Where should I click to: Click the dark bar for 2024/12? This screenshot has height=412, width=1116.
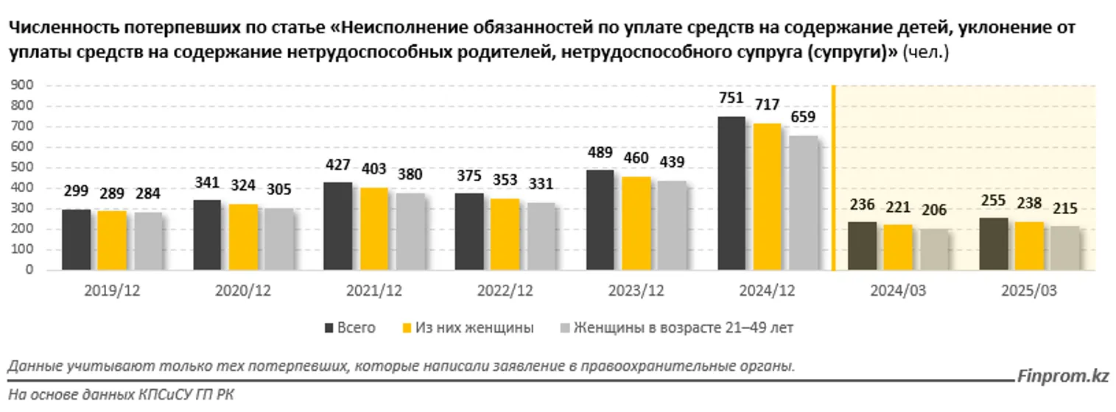[x=731, y=193]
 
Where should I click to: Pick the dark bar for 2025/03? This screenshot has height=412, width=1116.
[x=994, y=244]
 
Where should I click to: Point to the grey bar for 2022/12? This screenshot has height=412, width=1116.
[x=541, y=235]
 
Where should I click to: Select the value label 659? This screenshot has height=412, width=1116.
[x=802, y=118]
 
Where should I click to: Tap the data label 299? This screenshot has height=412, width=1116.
[x=77, y=192]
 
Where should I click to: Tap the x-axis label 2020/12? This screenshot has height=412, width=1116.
[x=242, y=291]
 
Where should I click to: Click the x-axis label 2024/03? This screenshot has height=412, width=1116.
[x=897, y=291]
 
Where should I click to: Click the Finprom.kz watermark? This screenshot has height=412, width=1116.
[x=1063, y=376]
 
